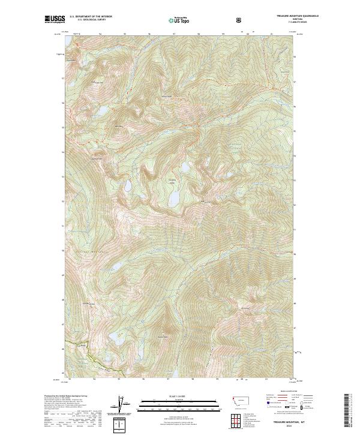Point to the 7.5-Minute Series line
click(x=280, y=24)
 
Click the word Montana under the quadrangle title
click(x=280, y=21)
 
